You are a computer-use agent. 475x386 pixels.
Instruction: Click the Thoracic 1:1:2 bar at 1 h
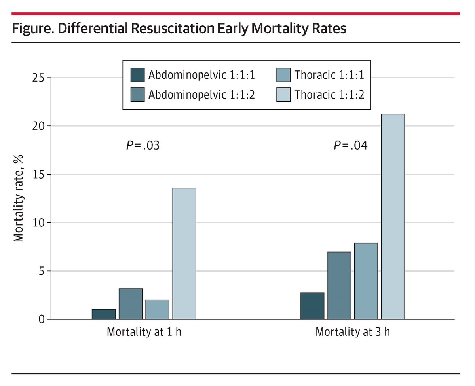(184, 253)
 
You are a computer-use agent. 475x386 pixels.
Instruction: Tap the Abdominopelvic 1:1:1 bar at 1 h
(103, 314)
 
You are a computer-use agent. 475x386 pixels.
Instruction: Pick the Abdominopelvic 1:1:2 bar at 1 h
(130, 304)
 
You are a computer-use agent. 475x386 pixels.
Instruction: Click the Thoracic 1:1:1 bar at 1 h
(157, 310)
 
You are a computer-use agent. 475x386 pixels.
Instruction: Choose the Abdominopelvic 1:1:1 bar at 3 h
(312, 306)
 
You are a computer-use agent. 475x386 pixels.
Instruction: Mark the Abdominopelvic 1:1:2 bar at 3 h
(339, 285)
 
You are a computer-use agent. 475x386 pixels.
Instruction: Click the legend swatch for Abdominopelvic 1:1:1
(137, 74)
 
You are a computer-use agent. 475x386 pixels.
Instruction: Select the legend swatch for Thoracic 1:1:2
(283, 95)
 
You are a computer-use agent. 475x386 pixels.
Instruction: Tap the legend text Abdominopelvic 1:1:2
(201, 95)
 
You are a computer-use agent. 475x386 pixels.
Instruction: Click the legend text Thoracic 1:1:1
(329, 74)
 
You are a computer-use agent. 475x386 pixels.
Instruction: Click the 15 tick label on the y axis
(40, 175)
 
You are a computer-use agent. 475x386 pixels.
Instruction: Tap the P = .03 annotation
(142, 146)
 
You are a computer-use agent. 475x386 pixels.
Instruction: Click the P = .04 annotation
(351, 146)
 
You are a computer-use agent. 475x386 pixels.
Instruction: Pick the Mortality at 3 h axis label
(352, 332)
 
